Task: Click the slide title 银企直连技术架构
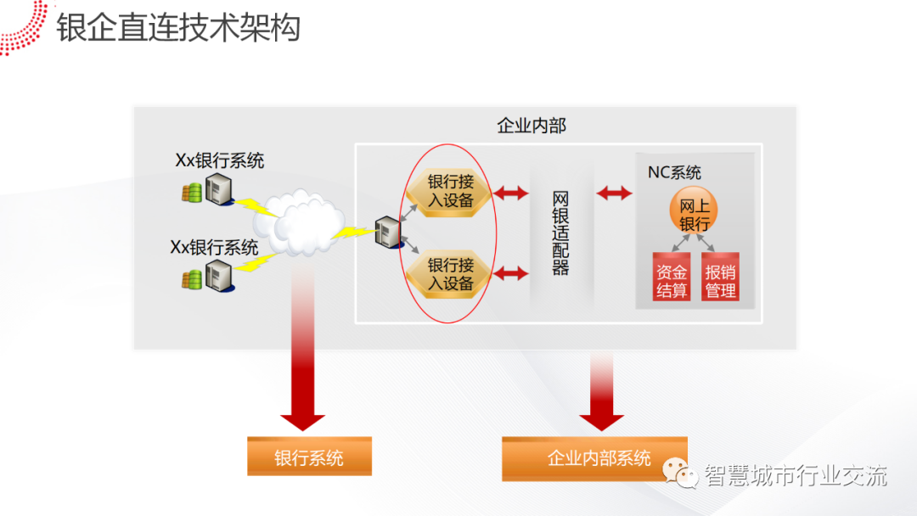coord(178,27)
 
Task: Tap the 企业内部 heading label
coord(532,126)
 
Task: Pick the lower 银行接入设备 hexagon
coord(450,274)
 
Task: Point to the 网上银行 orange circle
coord(694,213)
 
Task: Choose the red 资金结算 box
coord(672,279)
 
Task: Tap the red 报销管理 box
coord(720,279)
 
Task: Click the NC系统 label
coord(674,173)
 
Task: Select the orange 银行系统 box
coord(309,457)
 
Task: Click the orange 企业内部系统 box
coord(594,458)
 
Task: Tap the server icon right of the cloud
coord(388,232)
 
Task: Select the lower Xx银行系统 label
coord(214,247)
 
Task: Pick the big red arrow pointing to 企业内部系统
coord(601,390)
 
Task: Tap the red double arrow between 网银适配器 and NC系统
coord(614,193)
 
